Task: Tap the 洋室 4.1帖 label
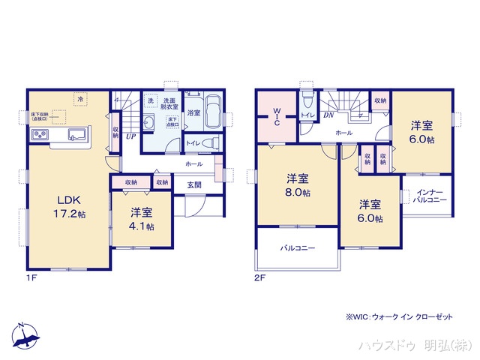click(x=140, y=219)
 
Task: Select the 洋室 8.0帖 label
click(x=298, y=185)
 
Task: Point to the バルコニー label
click(x=298, y=248)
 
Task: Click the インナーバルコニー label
click(x=430, y=196)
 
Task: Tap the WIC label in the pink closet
click(x=276, y=118)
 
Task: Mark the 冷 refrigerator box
click(x=79, y=98)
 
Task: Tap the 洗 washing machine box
click(x=151, y=101)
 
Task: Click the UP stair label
click(x=130, y=136)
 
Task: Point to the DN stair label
click(x=328, y=115)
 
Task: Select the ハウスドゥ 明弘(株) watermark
click(x=412, y=345)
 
